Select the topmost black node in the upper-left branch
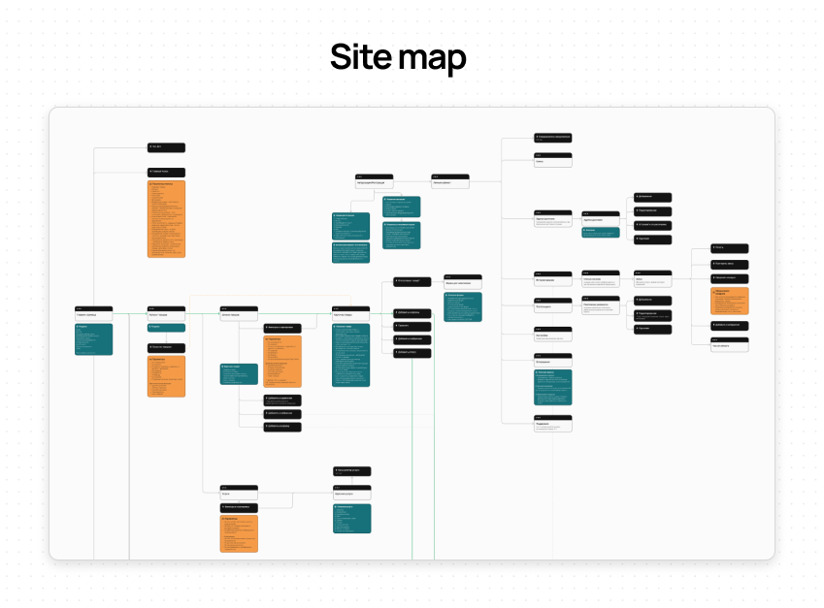tap(166, 147)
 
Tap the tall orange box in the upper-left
tap(166, 218)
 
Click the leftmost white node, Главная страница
tap(93, 314)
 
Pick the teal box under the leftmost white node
tap(93, 339)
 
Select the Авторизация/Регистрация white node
tap(374, 181)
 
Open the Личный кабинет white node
tap(450, 181)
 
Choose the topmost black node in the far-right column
tap(730, 248)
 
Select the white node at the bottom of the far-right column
tap(730, 344)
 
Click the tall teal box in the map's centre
tap(350, 355)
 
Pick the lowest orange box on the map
tap(239, 534)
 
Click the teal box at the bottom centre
tap(352, 517)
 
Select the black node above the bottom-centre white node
tap(352, 470)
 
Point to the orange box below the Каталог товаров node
tap(166, 375)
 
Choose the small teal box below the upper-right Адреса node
tap(601, 232)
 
